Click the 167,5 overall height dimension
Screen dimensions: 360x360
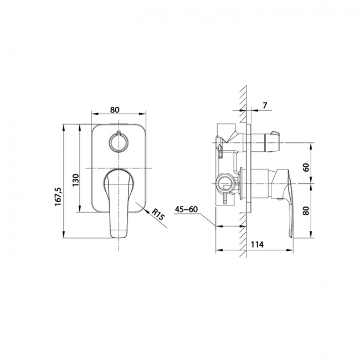click(x=59, y=197)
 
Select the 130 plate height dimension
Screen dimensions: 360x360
click(x=76, y=180)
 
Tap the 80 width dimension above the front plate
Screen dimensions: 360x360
click(x=115, y=110)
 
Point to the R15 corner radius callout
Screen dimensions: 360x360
click(x=158, y=214)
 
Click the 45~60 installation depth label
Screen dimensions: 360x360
click(x=186, y=209)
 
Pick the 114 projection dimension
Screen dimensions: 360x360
click(x=256, y=244)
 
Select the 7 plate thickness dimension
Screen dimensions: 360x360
click(x=265, y=105)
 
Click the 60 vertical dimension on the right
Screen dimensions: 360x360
click(x=306, y=167)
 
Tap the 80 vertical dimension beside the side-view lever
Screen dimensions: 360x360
click(x=306, y=210)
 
